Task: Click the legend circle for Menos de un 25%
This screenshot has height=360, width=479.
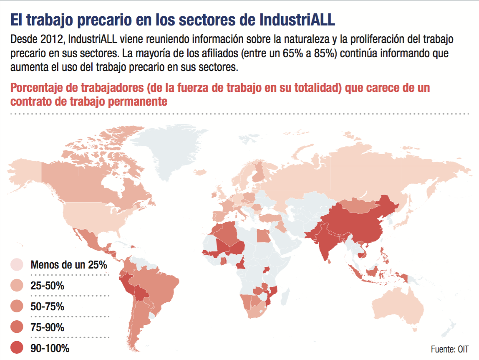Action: [17, 265]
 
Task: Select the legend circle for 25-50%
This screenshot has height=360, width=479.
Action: [17, 286]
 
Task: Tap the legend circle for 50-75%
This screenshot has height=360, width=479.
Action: [17, 307]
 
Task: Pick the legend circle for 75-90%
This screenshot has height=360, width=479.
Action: [17, 327]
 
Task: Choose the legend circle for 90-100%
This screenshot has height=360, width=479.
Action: [17, 347]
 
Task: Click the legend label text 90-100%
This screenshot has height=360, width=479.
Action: [50, 348]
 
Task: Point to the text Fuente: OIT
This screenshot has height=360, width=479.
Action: [450, 349]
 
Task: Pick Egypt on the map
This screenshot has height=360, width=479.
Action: [263, 236]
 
